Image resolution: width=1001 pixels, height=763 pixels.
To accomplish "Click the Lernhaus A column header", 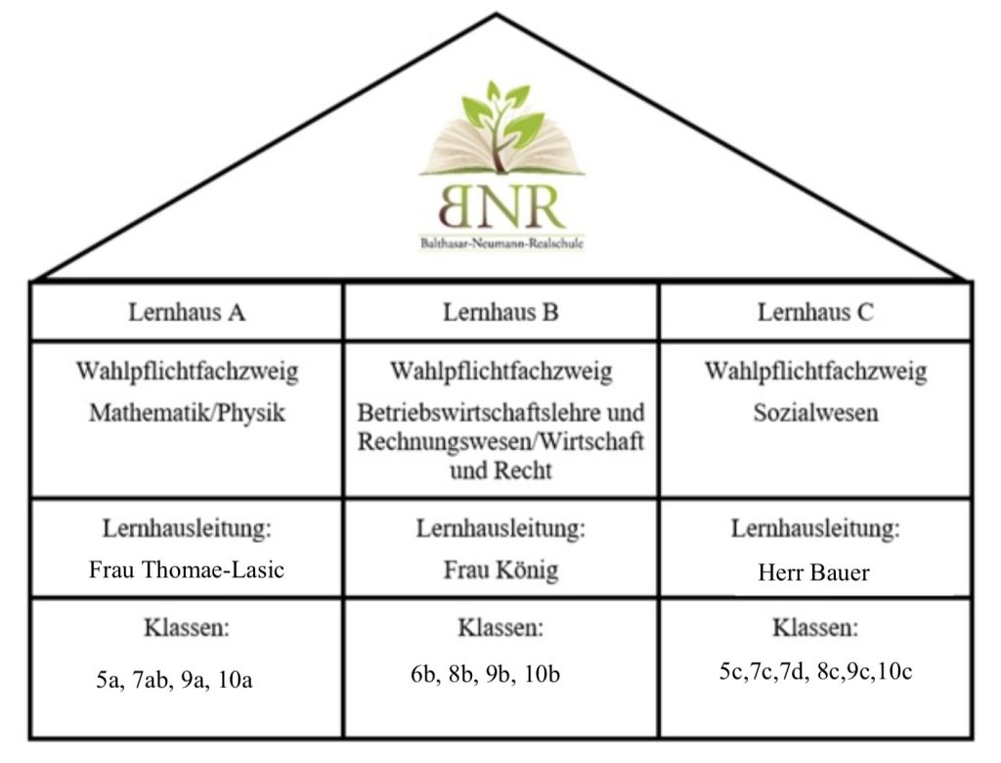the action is pyautogui.click(x=187, y=312).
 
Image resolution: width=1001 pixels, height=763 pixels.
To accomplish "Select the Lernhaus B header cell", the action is pyautogui.click(x=501, y=312).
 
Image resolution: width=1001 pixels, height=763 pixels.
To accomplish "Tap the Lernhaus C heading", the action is pyautogui.click(x=815, y=312).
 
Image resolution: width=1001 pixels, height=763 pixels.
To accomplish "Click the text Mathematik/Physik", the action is pyautogui.click(x=187, y=413).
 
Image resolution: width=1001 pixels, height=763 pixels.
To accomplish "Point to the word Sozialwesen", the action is pyautogui.click(x=816, y=413).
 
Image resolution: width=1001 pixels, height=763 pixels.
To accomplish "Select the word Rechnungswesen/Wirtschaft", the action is pyautogui.click(x=500, y=441).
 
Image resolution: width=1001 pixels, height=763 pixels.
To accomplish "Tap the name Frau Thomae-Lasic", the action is pyautogui.click(x=187, y=569).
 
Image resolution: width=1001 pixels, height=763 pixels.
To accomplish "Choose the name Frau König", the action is pyautogui.click(x=501, y=569).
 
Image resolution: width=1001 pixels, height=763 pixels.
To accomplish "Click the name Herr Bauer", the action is pyautogui.click(x=814, y=572).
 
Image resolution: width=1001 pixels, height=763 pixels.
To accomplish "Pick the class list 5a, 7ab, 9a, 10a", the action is pyautogui.click(x=174, y=679).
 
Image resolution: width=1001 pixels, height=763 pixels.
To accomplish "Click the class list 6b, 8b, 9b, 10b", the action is pyautogui.click(x=485, y=674).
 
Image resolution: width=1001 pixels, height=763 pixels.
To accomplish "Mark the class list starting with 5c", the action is pyautogui.click(x=816, y=672).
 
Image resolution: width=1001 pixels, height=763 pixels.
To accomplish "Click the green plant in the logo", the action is pyautogui.click(x=502, y=124).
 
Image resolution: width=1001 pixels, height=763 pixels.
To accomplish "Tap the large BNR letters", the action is pyautogui.click(x=501, y=207).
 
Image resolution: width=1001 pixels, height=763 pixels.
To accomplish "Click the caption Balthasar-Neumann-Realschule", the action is pyautogui.click(x=501, y=244).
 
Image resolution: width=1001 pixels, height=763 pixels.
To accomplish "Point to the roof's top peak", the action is pyautogui.click(x=497, y=14).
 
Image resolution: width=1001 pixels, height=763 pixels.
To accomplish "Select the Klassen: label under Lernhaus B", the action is pyautogui.click(x=501, y=628).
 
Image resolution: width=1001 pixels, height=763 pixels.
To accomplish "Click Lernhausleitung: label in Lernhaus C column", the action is pyautogui.click(x=815, y=528).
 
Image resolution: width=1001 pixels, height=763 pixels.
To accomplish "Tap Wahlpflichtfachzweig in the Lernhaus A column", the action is pyautogui.click(x=187, y=372).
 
